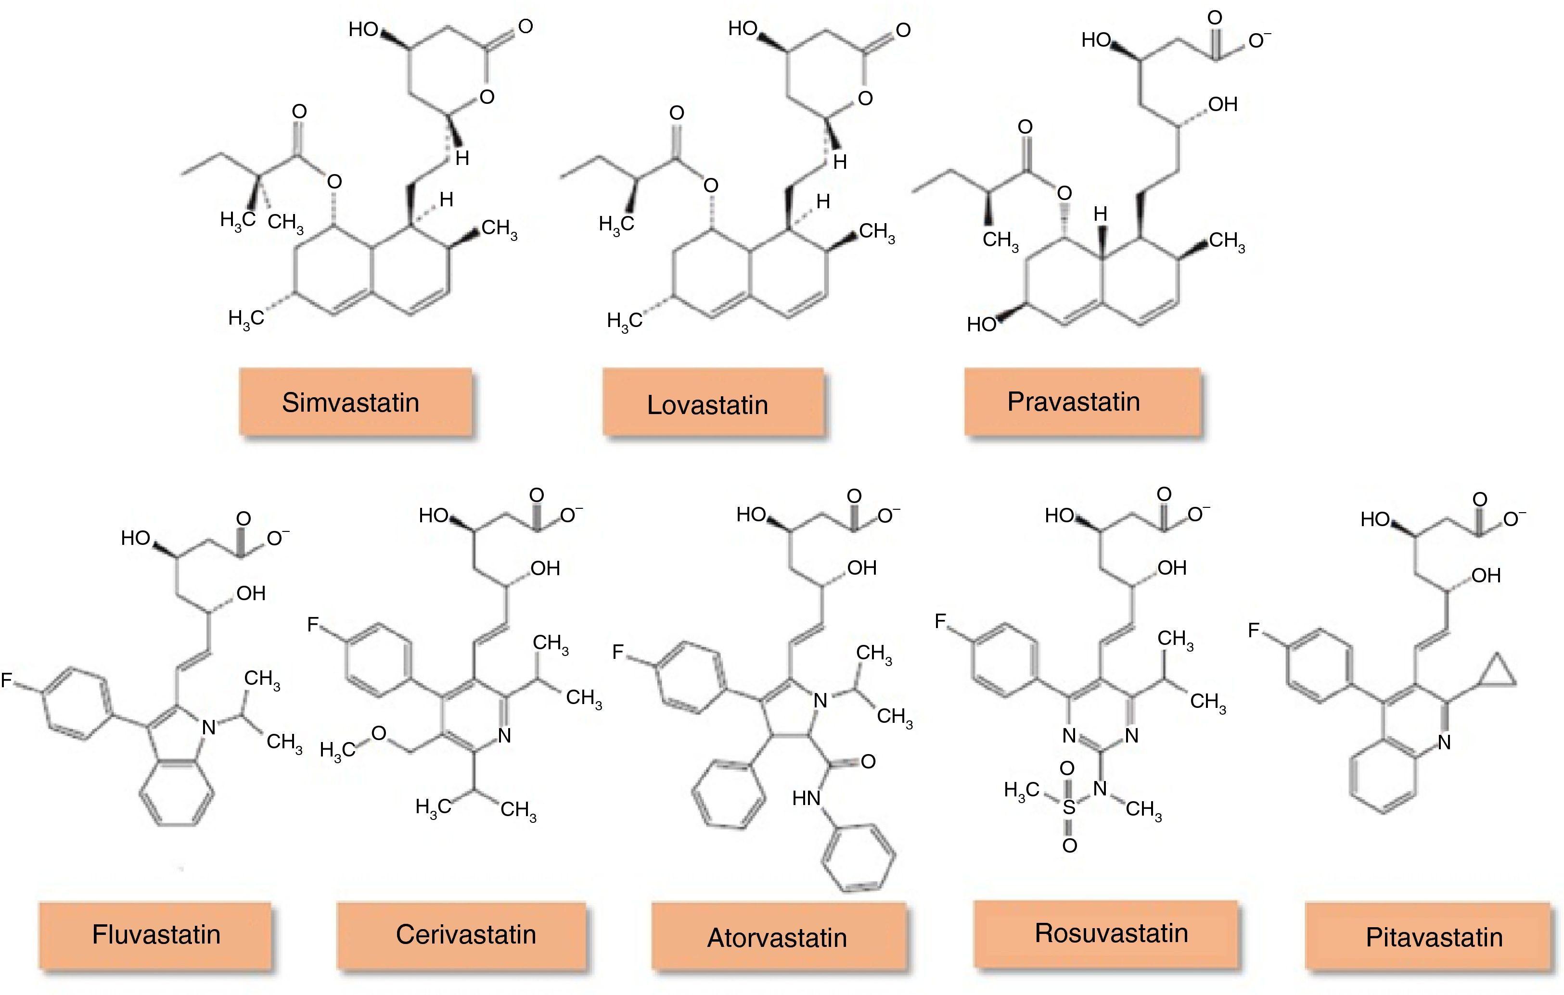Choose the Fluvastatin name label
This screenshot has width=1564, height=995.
point(155,934)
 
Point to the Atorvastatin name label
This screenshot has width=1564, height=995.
point(778,937)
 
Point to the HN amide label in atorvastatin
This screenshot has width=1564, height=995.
point(807,798)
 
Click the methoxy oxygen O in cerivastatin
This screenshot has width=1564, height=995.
point(379,734)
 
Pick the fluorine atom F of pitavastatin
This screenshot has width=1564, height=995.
point(1254,630)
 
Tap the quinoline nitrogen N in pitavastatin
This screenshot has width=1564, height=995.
point(1444,742)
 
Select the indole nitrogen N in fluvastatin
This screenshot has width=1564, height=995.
point(208,727)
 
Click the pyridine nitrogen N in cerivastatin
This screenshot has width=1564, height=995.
point(504,735)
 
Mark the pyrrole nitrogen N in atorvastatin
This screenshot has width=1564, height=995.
point(820,700)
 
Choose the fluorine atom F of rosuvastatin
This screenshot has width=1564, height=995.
point(940,621)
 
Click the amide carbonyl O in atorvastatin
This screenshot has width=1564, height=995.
point(869,761)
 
